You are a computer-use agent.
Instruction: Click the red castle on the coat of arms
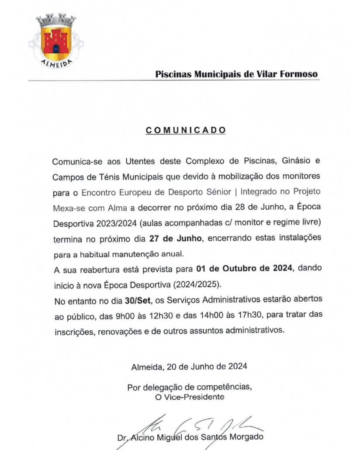pos(56,41)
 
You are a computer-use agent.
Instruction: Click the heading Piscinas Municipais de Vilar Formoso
pos(237,74)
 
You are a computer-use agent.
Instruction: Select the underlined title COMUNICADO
pos(186,130)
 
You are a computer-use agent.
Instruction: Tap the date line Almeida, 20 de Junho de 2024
pos(189,367)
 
